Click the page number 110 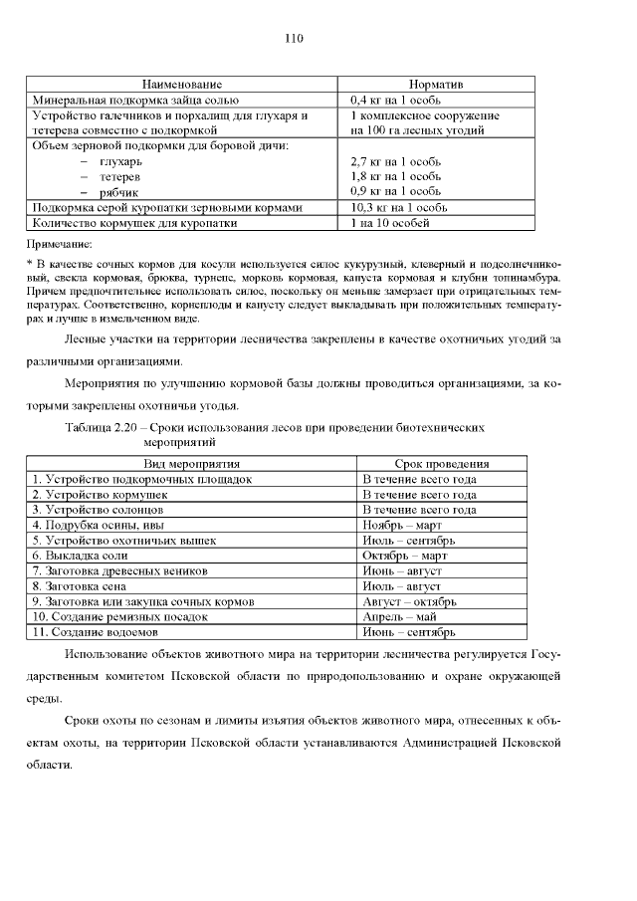coord(294,39)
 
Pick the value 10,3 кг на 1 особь coord(400,207)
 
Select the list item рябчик coord(118,192)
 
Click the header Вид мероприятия coord(192,464)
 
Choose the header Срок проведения coord(441,464)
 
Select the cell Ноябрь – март coord(402,525)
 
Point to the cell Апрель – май coord(399,616)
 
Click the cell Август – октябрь coord(410,601)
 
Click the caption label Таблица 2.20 coord(104,427)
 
